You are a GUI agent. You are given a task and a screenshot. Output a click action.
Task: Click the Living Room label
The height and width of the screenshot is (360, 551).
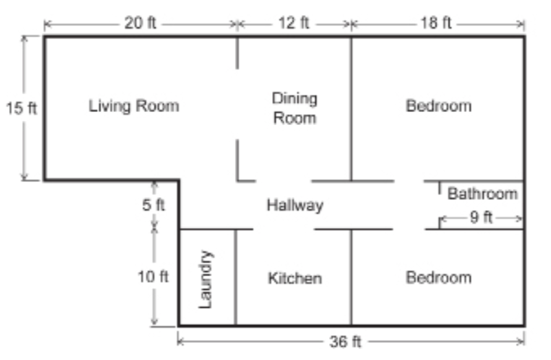point(133,106)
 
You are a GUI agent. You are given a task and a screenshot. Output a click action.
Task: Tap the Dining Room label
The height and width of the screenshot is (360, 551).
point(295,108)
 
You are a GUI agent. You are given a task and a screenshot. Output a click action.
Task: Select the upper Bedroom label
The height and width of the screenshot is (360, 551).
point(438,106)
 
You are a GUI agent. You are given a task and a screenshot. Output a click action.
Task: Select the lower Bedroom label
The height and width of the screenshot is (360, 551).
point(438,278)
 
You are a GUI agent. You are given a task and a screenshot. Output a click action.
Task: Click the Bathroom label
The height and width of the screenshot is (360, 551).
point(482,194)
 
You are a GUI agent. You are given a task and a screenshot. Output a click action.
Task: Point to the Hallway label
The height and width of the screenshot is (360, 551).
point(295,205)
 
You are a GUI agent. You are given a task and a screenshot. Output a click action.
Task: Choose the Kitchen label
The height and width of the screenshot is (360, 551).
point(295,278)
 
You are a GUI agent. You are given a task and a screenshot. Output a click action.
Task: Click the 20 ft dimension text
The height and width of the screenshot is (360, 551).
point(141,23)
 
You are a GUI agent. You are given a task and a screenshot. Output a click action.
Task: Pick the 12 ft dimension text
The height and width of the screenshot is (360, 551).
point(294,23)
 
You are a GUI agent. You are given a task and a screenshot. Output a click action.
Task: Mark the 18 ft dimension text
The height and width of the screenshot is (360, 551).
point(436,23)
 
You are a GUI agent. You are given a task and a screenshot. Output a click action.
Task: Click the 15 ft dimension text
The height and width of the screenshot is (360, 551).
point(21,108)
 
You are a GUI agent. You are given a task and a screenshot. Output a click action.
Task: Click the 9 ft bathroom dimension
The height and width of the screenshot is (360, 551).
point(481,218)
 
